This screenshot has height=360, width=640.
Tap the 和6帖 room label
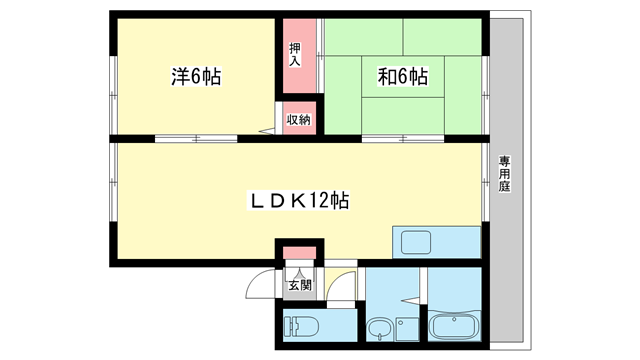tap(402, 76)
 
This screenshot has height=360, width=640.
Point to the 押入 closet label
tap(295, 55)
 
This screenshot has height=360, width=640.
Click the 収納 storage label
tap(298, 119)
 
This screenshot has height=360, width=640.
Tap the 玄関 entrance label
tap(299, 284)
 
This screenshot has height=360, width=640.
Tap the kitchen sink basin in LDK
tap(413, 242)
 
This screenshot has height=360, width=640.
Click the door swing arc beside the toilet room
tap(343, 288)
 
